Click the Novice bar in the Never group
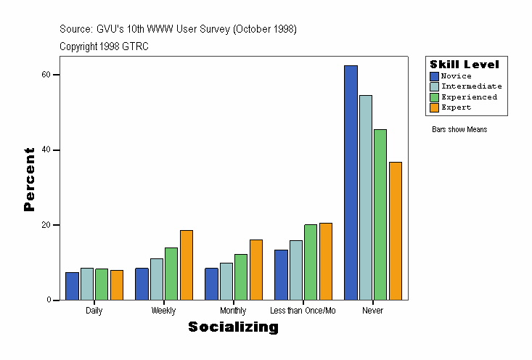tap(351, 182)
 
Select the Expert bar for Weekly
tap(187, 265)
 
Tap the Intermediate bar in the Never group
tap(366, 197)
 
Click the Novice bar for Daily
tap(72, 286)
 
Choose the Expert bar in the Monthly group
tap(256, 269)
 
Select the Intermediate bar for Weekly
tap(157, 279)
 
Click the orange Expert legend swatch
tap(435, 107)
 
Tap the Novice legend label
tap(456, 76)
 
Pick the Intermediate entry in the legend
tap(471, 86)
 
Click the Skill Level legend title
tap(465, 65)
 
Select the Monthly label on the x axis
tap(233, 311)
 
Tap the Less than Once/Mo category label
tap(303, 311)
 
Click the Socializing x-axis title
tap(233, 327)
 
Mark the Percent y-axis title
tap(29, 179)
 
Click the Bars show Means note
tap(459, 130)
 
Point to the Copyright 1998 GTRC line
tap(105, 46)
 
